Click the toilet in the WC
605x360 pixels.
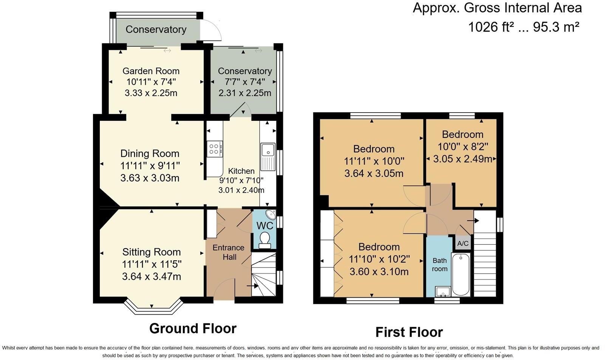pyautogui.click(x=265, y=239)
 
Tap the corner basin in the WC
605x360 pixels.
pyautogui.click(x=271, y=215)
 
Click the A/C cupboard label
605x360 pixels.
pyautogui.click(x=463, y=244)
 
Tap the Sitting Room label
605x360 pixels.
pyautogui.click(x=151, y=252)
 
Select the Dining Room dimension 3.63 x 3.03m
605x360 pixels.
pyautogui.click(x=150, y=178)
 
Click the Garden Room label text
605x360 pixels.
pyautogui.click(x=151, y=71)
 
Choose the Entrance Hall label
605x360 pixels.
pyautogui.click(x=228, y=252)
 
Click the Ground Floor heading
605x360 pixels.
pyautogui.click(x=193, y=328)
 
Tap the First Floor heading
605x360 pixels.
pyautogui.click(x=409, y=332)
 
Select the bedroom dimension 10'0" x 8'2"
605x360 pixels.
pyautogui.click(x=463, y=147)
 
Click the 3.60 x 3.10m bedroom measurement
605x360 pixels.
pyautogui.click(x=379, y=272)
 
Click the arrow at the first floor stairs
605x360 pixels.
pyautogui.click(x=473, y=221)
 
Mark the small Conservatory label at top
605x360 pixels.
pyautogui.click(x=156, y=29)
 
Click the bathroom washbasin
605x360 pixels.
pyautogui.click(x=443, y=291)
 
